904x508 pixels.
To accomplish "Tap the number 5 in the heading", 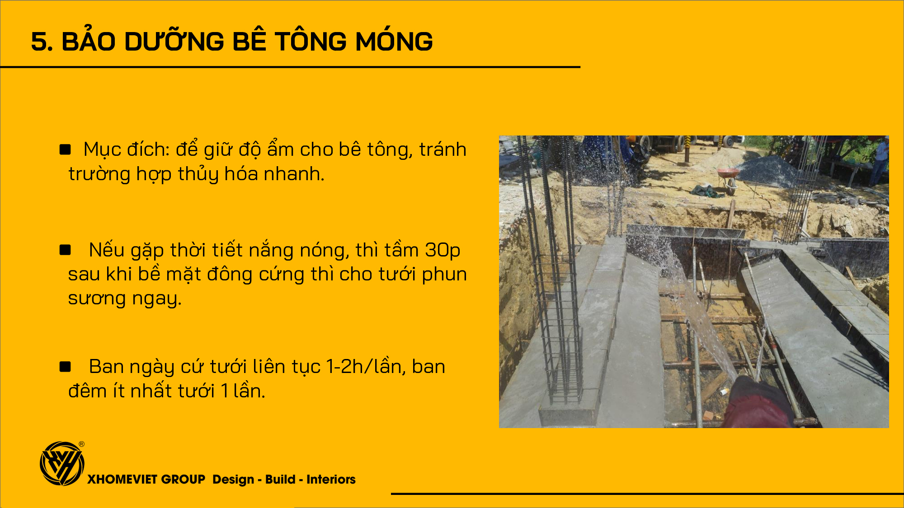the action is (x=39, y=42).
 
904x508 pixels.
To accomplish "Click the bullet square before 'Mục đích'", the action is (x=65, y=149).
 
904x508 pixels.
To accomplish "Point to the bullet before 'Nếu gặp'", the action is (x=65, y=250).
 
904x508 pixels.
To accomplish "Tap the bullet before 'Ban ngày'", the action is (x=65, y=366).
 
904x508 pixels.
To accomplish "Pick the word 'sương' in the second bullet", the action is (x=97, y=298).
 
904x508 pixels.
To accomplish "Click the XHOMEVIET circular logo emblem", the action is (x=62, y=464).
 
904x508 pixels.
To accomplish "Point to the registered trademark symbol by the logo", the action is (x=81, y=444).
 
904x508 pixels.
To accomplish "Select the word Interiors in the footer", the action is (x=331, y=479).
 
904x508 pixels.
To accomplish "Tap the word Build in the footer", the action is (x=280, y=479).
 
